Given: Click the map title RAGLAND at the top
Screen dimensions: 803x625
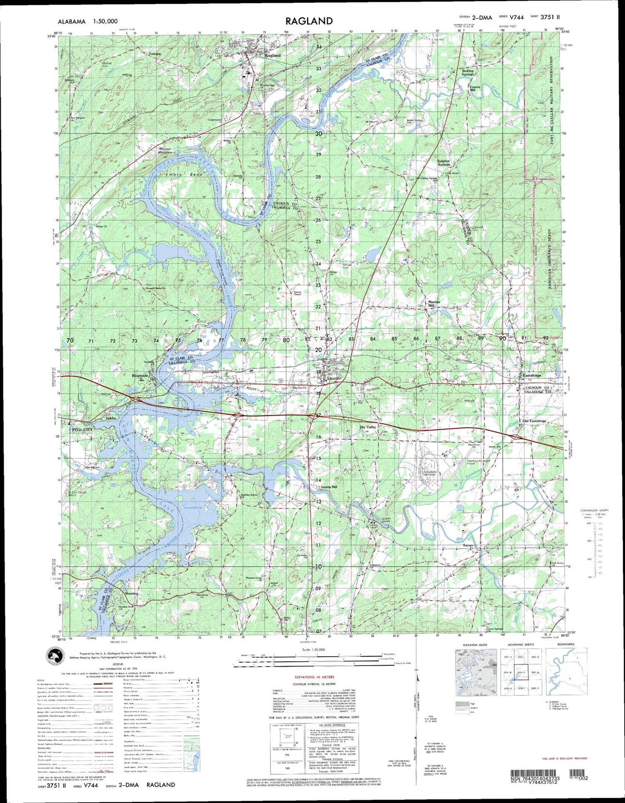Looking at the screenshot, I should tap(309, 21).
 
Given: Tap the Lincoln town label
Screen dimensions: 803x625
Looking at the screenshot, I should tap(334, 378).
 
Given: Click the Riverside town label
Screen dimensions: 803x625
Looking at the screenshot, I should tap(140, 376).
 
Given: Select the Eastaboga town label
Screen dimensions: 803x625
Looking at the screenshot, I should tap(532, 375).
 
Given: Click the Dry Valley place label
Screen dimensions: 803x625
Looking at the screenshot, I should tap(368, 427).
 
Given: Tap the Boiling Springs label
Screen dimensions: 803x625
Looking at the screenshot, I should tap(467, 73).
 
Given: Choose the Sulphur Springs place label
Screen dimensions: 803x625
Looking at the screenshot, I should tap(444, 163).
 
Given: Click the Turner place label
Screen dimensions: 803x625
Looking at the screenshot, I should tap(468, 545).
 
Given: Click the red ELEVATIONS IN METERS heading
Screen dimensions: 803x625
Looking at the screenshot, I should tap(314, 677).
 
